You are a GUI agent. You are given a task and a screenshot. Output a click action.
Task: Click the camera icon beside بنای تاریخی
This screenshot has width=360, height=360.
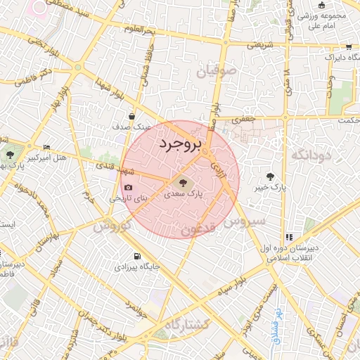point(128,188)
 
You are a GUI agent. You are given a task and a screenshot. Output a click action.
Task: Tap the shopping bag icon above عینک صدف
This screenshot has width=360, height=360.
point(132,117)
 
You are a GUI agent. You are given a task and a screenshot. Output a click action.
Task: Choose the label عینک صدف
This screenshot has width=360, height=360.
point(131,128)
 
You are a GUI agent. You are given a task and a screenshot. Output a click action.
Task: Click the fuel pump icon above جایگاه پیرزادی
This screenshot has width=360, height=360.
point(136,256)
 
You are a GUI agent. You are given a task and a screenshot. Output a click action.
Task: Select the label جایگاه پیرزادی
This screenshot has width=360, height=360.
point(136,267)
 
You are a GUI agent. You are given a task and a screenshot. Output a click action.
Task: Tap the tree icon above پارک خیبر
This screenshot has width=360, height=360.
point(271,176)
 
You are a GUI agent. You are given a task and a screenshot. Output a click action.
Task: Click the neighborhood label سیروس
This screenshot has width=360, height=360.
point(246,221)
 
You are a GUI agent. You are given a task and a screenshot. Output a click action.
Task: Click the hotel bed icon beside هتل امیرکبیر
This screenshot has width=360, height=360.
point(46,147)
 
